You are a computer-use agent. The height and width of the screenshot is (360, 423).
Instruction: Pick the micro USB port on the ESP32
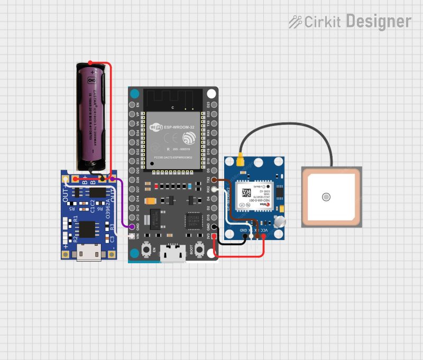[x=172, y=254]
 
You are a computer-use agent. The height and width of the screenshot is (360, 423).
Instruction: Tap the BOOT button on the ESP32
[x=200, y=248]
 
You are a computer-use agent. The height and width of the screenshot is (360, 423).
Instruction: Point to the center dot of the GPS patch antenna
[x=326, y=197]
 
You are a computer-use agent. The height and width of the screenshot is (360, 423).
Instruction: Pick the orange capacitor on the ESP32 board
[x=151, y=201]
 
